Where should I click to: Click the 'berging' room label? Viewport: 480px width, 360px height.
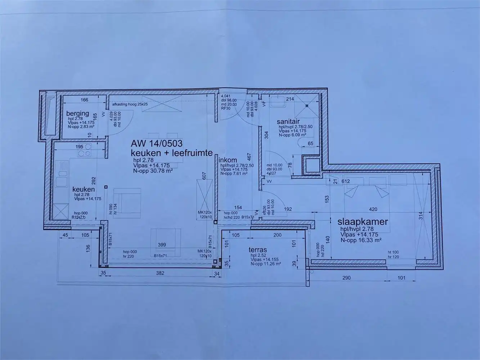tap(77, 114)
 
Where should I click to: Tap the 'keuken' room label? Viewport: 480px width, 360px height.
tap(84, 189)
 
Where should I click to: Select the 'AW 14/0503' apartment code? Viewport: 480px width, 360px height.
tap(157, 144)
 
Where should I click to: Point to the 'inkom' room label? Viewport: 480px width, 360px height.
tap(228, 160)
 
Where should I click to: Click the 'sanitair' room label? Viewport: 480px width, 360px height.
tap(288, 122)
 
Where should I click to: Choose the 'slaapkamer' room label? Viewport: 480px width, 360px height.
tap(363, 221)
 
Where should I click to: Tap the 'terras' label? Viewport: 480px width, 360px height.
tap(258, 249)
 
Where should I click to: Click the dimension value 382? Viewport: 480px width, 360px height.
tap(160, 273)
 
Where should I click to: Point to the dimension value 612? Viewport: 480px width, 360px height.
tap(346, 181)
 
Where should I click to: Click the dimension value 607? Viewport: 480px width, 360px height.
tap(204, 175)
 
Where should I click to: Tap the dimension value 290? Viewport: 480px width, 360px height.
tap(346, 278)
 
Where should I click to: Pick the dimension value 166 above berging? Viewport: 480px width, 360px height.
tap(84, 100)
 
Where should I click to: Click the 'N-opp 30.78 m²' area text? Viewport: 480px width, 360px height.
tap(153, 171)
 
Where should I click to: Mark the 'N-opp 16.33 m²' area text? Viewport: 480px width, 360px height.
tap(361, 240)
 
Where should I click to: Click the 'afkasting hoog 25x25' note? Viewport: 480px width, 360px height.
tap(130, 104)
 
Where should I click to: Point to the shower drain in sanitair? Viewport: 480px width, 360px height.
tap(307, 106)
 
